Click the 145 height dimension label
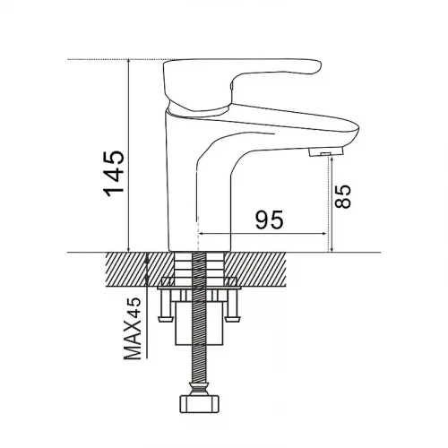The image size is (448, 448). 114,173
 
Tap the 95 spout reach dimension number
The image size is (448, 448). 269,220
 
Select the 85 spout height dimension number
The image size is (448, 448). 342,196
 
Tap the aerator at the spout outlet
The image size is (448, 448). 326,151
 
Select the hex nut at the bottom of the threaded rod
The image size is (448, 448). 199,404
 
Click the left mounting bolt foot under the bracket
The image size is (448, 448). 165,319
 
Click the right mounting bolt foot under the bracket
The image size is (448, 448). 233,319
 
